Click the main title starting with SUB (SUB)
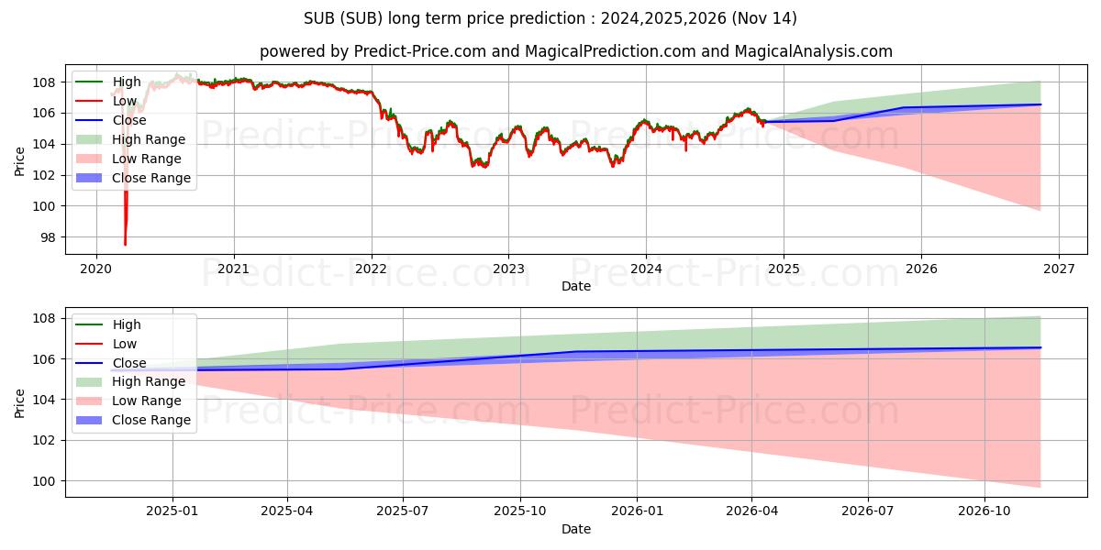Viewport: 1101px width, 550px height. [x=550, y=18]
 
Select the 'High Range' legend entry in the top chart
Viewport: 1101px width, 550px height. [x=149, y=139]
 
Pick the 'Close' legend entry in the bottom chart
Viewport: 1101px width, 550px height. [x=129, y=363]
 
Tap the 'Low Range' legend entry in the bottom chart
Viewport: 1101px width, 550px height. [x=147, y=401]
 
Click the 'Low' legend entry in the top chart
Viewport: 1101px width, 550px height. [x=125, y=101]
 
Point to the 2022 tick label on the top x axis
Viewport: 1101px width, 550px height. [x=371, y=269]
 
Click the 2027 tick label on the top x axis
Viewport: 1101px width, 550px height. [x=1058, y=269]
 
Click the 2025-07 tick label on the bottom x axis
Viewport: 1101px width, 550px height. [x=403, y=511]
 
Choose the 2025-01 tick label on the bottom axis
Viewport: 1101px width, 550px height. [x=172, y=511]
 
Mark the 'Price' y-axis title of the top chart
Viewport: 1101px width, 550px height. [x=20, y=160]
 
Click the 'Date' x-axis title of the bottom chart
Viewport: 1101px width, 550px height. [x=575, y=529]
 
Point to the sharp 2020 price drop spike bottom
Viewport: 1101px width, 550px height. [x=125, y=244]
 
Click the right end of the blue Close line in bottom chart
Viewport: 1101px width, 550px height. [x=1040, y=347]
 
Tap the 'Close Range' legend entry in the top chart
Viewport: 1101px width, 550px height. [x=151, y=178]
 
